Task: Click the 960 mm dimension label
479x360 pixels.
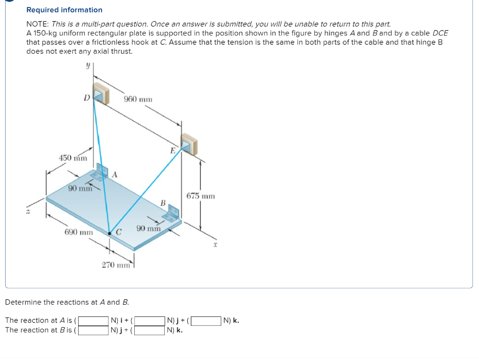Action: click(138, 99)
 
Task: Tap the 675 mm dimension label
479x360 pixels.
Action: click(201, 196)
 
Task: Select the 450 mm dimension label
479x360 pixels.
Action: click(73, 158)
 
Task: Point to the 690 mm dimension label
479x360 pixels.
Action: click(79, 232)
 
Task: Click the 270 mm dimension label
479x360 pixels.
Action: click(116, 265)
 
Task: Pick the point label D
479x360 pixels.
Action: click(86, 98)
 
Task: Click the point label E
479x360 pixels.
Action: click(173, 151)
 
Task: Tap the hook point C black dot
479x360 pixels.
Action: click(110, 233)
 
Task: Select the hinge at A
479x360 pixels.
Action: click(102, 172)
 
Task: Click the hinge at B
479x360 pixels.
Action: click(171, 213)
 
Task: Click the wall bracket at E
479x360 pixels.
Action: click(189, 144)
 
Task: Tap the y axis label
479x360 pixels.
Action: click(87, 67)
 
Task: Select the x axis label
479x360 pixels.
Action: click(216, 244)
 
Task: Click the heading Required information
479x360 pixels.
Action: click(64, 10)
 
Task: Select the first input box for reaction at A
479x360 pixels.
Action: click(94, 321)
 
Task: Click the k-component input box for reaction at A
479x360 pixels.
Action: click(206, 321)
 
